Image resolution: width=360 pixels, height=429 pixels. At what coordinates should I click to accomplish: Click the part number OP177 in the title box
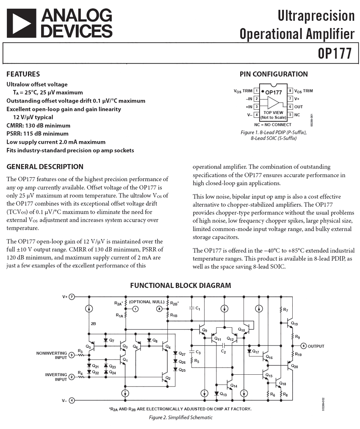point(335,54)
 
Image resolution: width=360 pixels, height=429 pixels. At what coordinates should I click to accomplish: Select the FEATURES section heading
point(23,74)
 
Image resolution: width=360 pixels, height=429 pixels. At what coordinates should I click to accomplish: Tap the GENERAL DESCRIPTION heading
point(45,167)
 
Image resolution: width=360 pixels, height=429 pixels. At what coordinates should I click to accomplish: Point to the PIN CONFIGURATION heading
point(274,74)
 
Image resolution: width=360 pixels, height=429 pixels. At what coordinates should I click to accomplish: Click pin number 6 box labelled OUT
point(290,107)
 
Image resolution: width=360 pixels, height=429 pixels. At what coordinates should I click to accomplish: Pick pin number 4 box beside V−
point(256,115)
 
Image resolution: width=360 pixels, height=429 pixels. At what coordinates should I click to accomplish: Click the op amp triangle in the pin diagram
point(273,103)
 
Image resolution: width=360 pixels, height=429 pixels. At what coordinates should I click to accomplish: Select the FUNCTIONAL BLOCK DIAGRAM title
point(180,285)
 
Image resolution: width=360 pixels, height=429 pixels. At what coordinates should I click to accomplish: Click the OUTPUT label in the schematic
point(316,346)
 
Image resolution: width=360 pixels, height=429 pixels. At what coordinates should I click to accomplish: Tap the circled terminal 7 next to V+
point(72,297)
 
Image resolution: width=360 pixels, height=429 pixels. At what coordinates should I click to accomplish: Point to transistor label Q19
point(295,324)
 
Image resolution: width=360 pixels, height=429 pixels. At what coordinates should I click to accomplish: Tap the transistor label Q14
point(234,386)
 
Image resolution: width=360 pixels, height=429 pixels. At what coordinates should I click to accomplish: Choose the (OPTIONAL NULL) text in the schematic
point(147,302)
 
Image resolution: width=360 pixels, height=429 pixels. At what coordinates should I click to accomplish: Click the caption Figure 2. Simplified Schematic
point(180,418)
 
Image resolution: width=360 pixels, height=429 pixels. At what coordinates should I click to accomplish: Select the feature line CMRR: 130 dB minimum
point(39,125)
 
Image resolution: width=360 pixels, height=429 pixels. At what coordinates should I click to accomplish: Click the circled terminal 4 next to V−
point(72,400)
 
